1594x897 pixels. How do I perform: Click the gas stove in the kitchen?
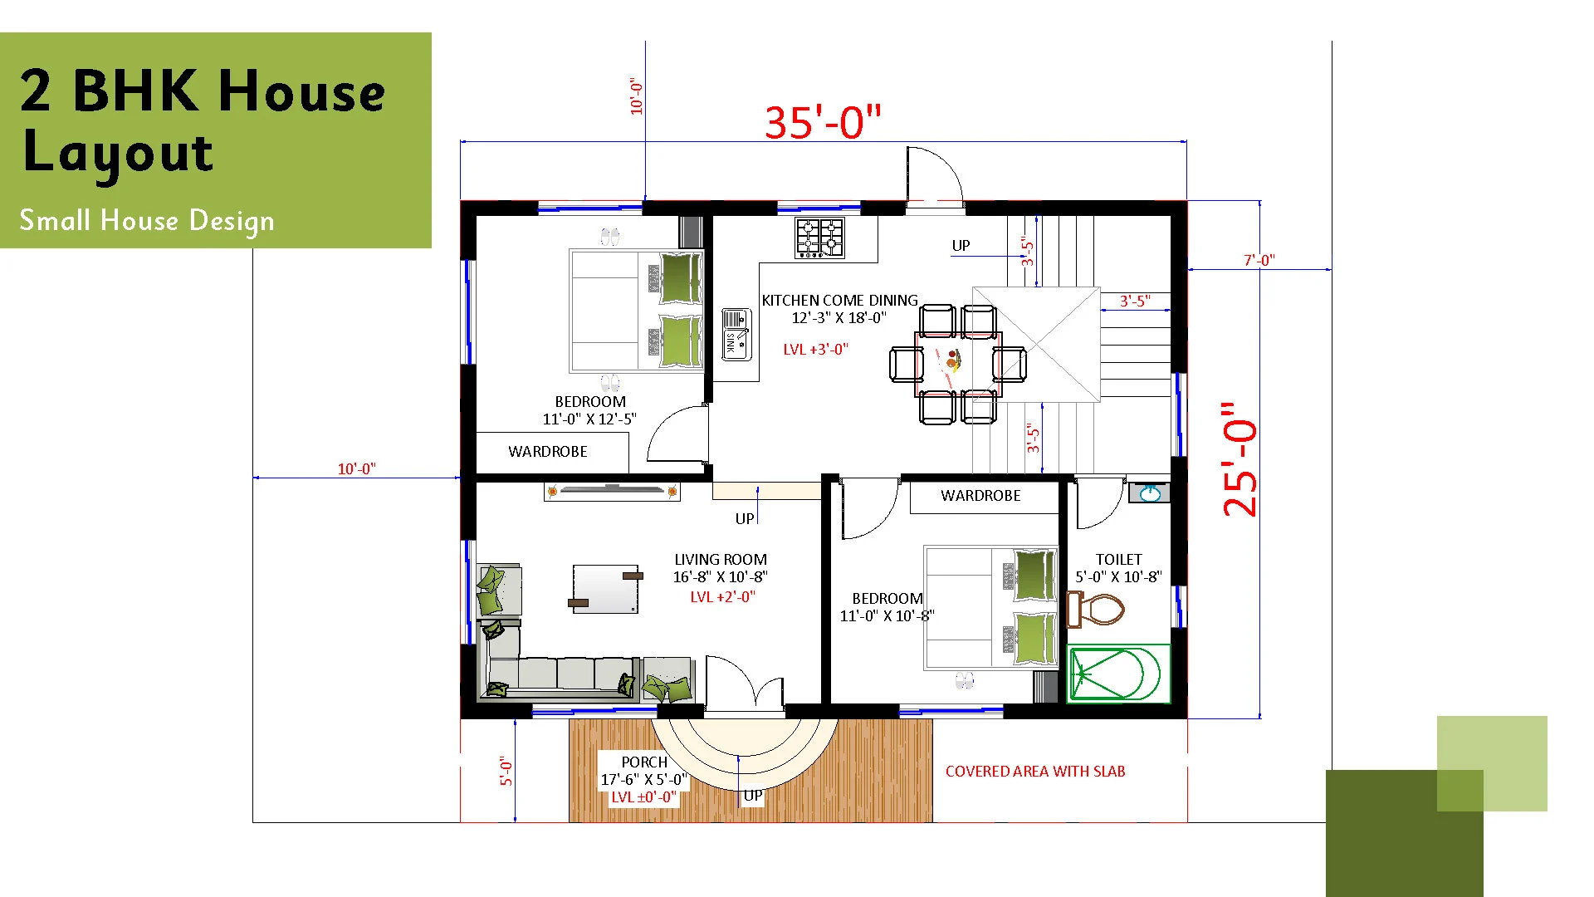coord(819,238)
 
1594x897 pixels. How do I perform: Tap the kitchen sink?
coord(736,334)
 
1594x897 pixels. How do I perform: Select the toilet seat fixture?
coord(1095,609)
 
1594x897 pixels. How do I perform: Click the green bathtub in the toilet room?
coord(1118,674)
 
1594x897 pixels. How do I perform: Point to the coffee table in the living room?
coord(606,589)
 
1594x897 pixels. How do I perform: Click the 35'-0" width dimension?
coord(823,122)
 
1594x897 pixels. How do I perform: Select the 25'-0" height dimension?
coord(1240,459)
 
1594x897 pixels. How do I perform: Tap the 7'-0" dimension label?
coord(1259,260)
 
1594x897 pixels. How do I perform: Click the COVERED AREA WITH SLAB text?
coord(1035,772)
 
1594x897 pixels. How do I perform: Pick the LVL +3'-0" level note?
coord(816,350)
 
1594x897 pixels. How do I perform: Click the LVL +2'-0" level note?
coord(723,597)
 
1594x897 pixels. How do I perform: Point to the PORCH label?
coord(644,762)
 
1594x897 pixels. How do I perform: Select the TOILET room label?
coord(1118,560)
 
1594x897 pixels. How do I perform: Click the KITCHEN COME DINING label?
coord(840,300)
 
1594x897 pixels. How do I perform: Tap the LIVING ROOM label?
coord(721,560)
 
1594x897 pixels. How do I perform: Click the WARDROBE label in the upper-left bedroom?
coord(548,452)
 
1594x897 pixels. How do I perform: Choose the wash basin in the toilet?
coord(1150,493)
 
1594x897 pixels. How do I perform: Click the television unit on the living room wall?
coord(612,492)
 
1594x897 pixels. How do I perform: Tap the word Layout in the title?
coord(118,154)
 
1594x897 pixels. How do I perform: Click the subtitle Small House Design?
coord(147,221)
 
